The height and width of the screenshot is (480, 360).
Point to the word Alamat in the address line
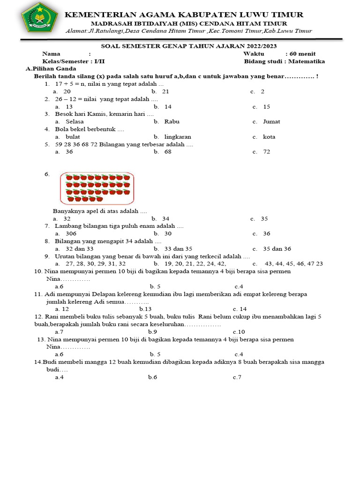point(78,31)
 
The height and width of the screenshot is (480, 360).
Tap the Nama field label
point(52,54)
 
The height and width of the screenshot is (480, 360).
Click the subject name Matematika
point(307,61)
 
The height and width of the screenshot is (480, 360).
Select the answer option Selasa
point(75,121)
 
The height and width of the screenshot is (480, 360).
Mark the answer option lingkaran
point(178,137)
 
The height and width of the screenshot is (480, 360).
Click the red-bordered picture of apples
point(97,188)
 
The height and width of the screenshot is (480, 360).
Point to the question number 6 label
point(47,174)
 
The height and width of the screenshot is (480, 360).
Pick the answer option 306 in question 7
point(71,233)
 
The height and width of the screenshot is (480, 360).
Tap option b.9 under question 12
point(152,332)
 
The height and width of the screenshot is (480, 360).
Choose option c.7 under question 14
point(237,377)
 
